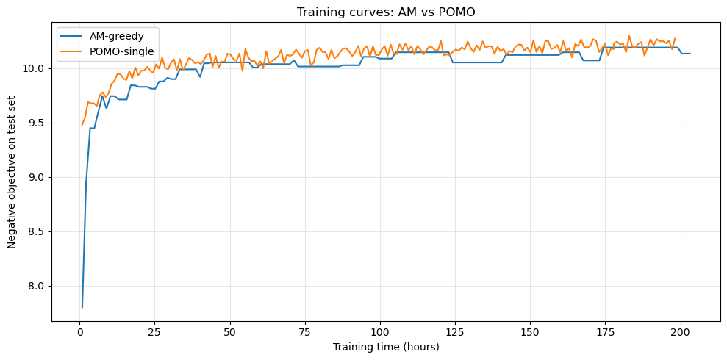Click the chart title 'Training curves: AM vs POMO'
click(x=386, y=12)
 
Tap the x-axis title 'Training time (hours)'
click(x=386, y=347)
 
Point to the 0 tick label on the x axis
click(x=79, y=332)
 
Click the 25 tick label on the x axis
click(x=154, y=332)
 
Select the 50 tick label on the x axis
click(x=230, y=332)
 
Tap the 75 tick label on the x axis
click(x=305, y=332)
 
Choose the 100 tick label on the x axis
click(x=380, y=332)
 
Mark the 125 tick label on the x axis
click(x=455, y=332)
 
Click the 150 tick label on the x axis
click(x=531, y=332)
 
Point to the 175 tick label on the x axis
click(x=606, y=332)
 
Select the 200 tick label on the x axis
click(x=681, y=332)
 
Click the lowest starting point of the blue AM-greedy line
click(x=82, y=307)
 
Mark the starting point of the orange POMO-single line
click(x=82, y=125)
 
